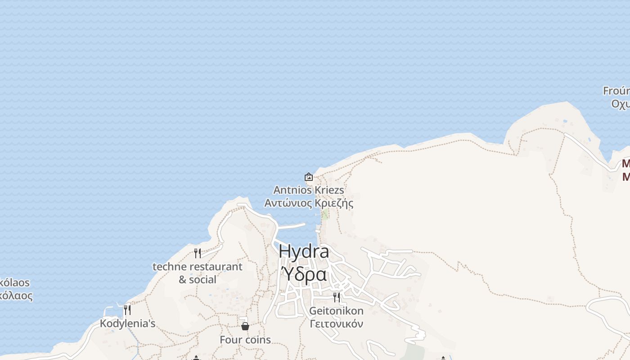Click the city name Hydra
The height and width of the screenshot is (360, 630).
(x=304, y=252)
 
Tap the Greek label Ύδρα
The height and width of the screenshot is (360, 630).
(x=304, y=274)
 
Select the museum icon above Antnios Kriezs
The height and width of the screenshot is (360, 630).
(x=309, y=177)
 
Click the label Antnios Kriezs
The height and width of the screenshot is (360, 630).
(x=309, y=190)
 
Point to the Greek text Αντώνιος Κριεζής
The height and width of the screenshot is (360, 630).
(x=309, y=203)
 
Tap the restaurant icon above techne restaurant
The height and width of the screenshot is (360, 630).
(x=198, y=253)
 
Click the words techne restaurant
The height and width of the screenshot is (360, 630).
(x=198, y=266)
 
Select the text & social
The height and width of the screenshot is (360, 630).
(x=198, y=279)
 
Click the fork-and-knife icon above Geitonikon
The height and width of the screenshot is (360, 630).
(x=336, y=297)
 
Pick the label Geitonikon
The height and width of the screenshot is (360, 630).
(x=336, y=310)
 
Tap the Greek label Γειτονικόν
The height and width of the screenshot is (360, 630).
(x=336, y=324)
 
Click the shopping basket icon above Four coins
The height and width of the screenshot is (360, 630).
(x=245, y=326)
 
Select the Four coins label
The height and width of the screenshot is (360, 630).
(x=245, y=340)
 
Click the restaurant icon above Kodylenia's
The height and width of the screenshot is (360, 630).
(x=127, y=310)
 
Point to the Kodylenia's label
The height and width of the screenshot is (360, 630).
(x=127, y=323)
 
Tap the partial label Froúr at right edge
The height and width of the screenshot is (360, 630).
(x=616, y=91)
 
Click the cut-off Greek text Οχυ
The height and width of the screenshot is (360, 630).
(x=620, y=103)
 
